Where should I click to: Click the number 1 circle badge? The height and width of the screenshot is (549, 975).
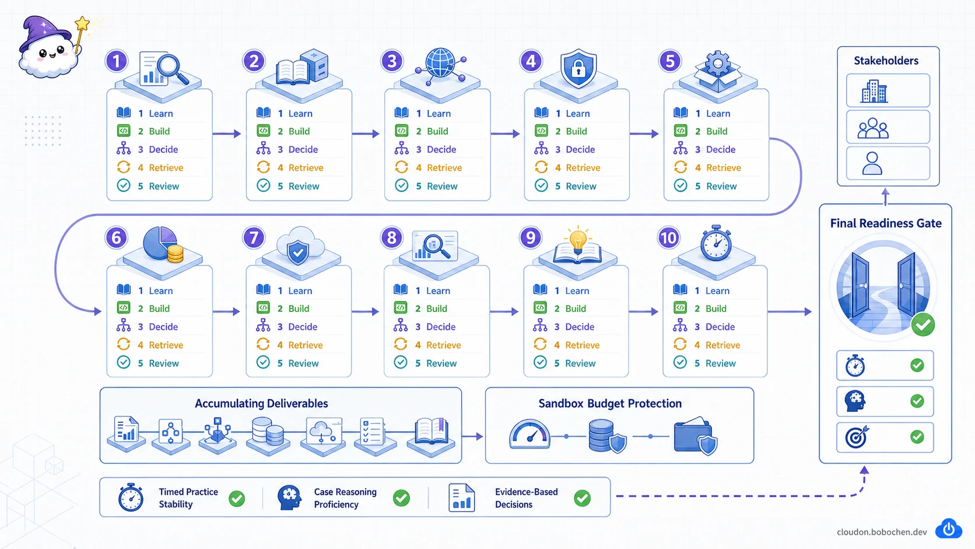(116, 61)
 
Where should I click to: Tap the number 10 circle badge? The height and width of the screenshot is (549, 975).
(669, 237)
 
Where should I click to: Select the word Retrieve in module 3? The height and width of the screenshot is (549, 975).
(444, 167)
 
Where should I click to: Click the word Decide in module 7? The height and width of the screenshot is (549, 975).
(303, 327)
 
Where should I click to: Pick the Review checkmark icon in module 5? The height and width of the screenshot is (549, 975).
(681, 186)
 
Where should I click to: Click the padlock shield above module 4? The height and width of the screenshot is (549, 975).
(578, 68)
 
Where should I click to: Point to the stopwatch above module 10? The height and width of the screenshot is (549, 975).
(716, 243)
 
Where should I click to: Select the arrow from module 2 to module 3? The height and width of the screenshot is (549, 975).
(366, 134)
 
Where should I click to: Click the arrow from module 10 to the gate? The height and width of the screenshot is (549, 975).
(790, 312)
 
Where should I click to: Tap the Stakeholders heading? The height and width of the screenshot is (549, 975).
(886, 61)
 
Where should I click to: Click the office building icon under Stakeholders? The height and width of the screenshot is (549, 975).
(874, 92)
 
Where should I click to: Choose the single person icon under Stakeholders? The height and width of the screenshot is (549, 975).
(872, 164)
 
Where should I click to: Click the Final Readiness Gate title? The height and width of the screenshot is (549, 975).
(886, 223)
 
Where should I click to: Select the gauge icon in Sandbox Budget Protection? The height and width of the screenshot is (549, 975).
(529, 434)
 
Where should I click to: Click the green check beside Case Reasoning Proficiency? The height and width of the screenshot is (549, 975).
(401, 498)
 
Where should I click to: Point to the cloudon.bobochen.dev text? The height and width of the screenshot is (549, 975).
(882, 532)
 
